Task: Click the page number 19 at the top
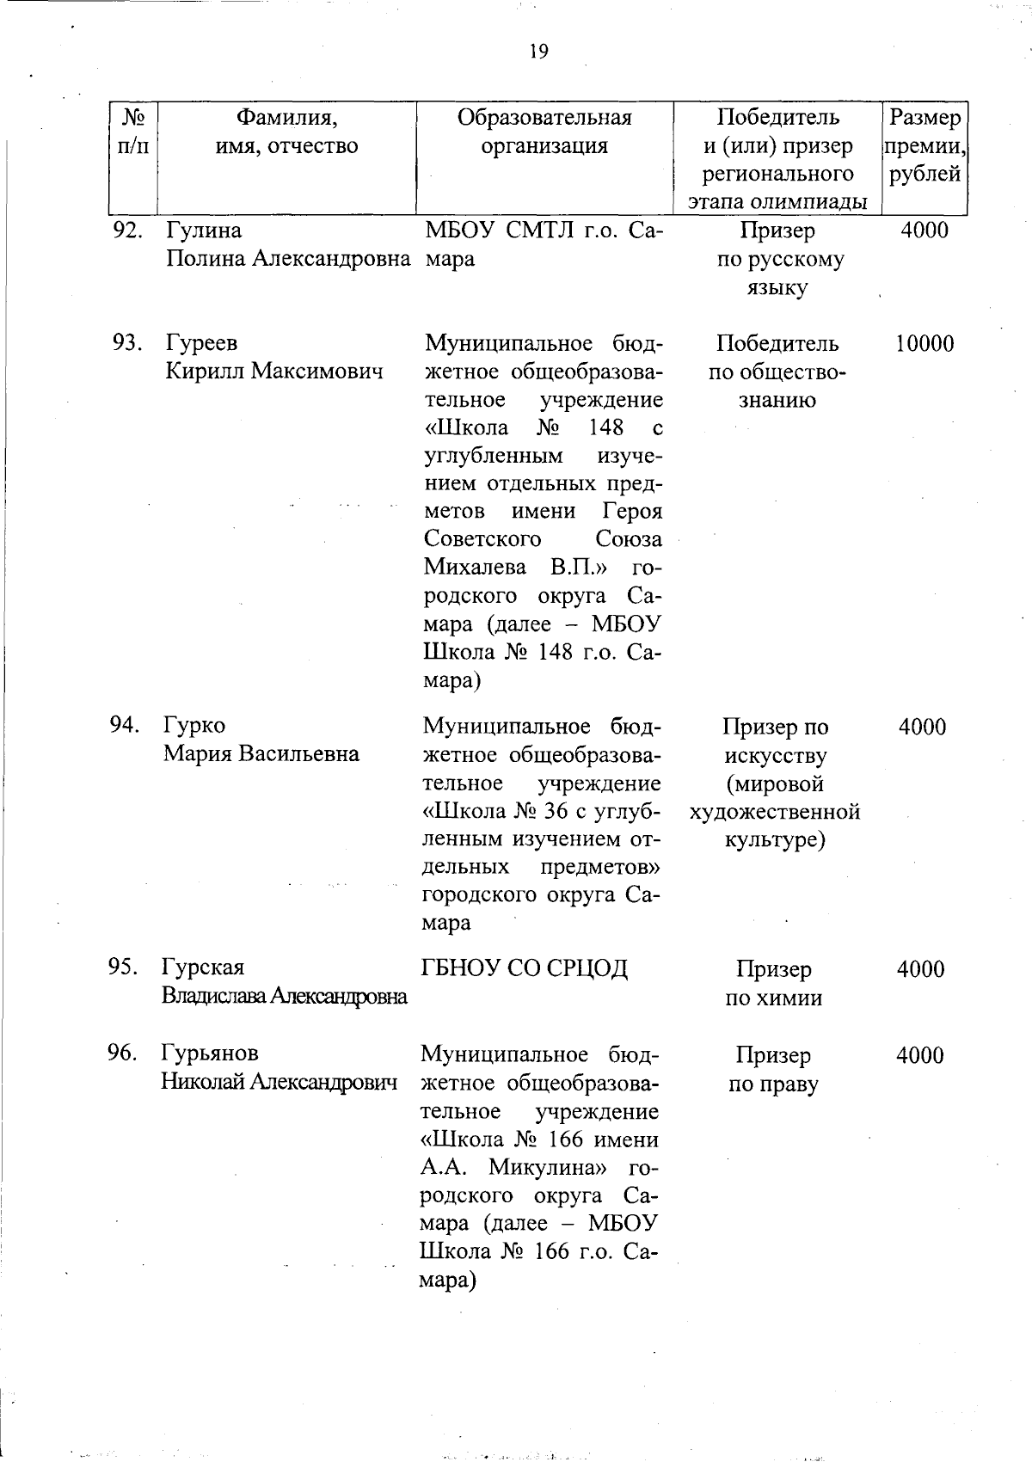pos(538,52)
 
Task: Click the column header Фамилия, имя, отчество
pos(286,132)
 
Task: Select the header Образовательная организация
pos(544,132)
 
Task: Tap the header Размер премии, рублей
pos(924,145)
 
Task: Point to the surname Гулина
pos(204,230)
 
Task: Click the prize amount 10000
pos(924,344)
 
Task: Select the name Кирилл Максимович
pos(273,372)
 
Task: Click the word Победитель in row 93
pos(777,343)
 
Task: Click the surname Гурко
pos(194,726)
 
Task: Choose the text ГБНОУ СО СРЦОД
pos(525,968)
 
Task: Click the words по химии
pos(774,998)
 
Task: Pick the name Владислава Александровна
pos(284,996)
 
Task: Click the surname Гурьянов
pos(209,1053)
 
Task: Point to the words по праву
pos(773,1084)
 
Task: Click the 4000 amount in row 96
pos(920,1055)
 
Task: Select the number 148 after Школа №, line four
pos(605,427)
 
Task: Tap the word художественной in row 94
pos(775,811)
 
